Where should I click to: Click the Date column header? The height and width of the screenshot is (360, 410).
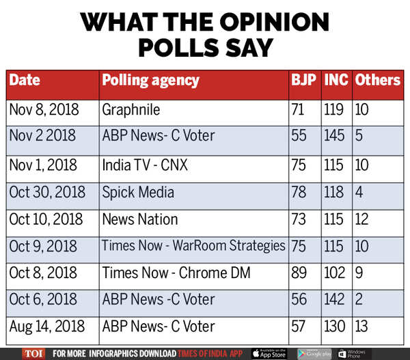click(25, 81)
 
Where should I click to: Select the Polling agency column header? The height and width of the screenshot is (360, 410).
click(150, 81)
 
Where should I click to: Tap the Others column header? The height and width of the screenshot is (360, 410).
click(377, 81)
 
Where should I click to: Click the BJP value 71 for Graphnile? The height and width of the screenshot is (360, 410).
click(299, 109)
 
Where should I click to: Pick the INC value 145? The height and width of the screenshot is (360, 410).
click(335, 136)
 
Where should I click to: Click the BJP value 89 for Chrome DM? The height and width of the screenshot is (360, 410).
click(299, 273)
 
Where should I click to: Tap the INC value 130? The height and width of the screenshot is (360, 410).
click(335, 327)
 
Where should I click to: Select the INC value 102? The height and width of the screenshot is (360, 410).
click(335, 273)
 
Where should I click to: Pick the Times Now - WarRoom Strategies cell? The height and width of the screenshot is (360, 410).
click(193, 246)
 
